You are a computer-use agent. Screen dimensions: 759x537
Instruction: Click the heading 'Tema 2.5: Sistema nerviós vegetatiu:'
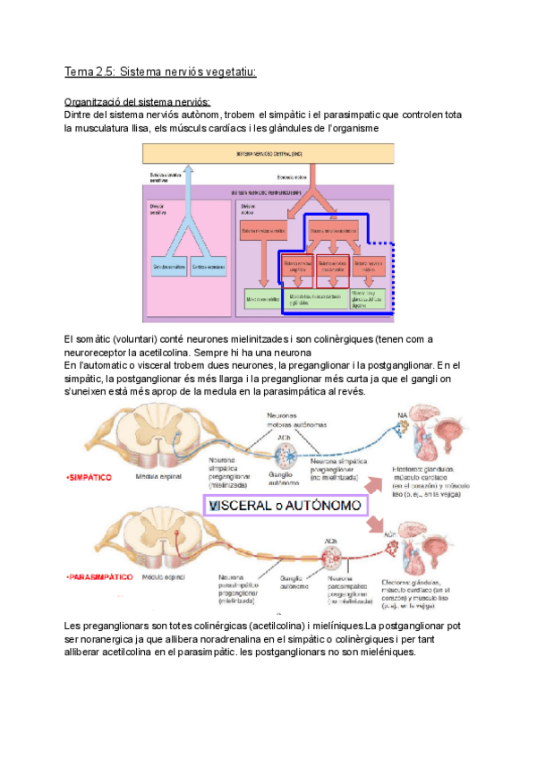160,72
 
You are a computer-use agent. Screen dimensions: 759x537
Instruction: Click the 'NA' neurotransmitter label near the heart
389,415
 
